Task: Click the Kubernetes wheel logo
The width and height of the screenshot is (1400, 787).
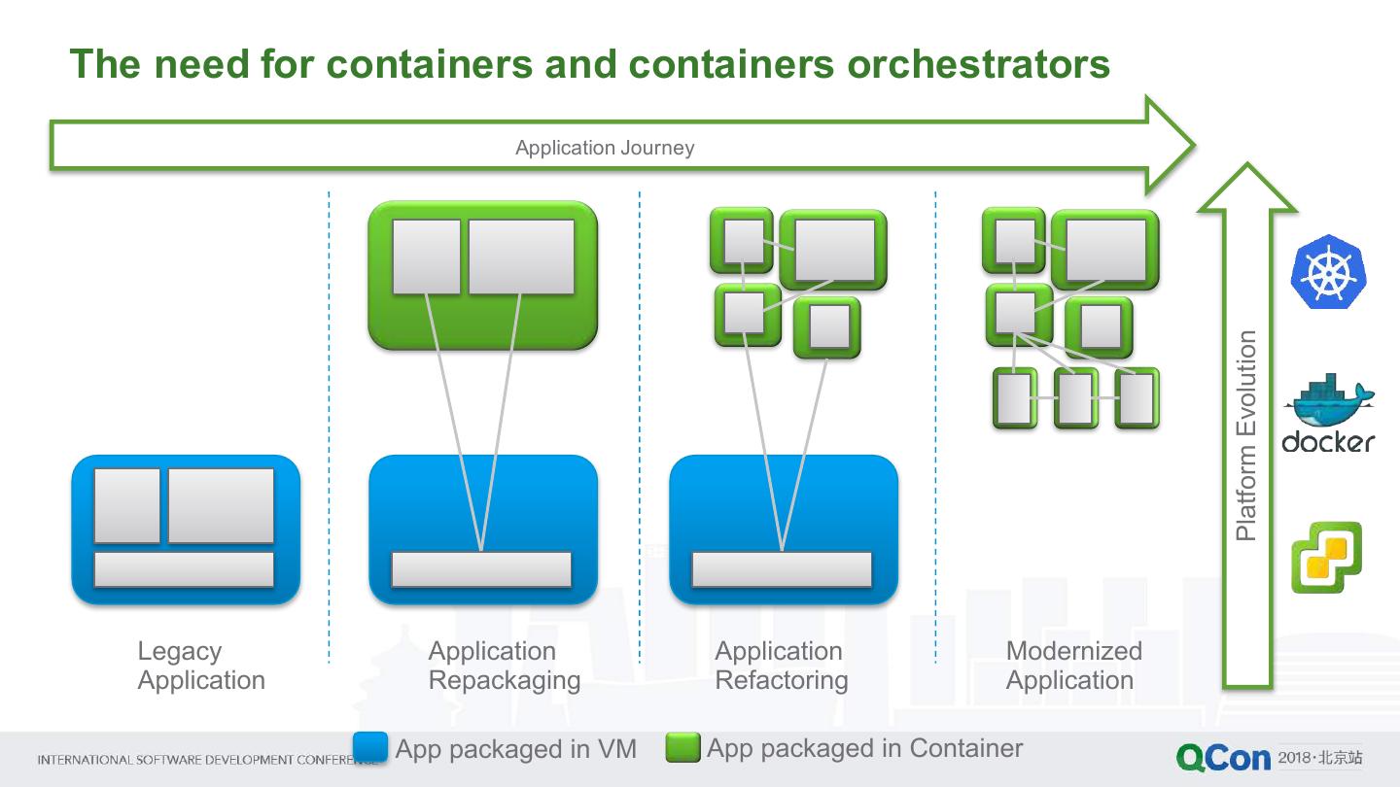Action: pyautogui.click(x=1328, y=272)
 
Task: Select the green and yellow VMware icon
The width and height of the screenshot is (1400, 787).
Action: pyautogui.click(x=1326, y=557)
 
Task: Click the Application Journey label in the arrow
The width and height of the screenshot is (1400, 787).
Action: pyautogui.click(x=605, y=148)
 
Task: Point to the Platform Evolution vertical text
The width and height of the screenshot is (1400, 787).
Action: pyautogui.click(x=1246, y=435)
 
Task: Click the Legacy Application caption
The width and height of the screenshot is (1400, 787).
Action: pyautogui.click(x=200, y=666)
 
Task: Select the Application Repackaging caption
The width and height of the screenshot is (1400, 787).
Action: pyautogui.click(x=504, y=666)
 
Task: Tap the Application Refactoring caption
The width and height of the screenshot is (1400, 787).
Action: pyautogui.click(x=781, y=666)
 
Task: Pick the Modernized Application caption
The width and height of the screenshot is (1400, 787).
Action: pyautogui.click(x=1072, y=666)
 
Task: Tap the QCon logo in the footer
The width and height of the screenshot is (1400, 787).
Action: pyautogui.click(x=1223, y=758)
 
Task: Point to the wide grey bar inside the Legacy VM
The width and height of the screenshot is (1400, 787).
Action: pyautogui.click(x=184, y=569)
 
